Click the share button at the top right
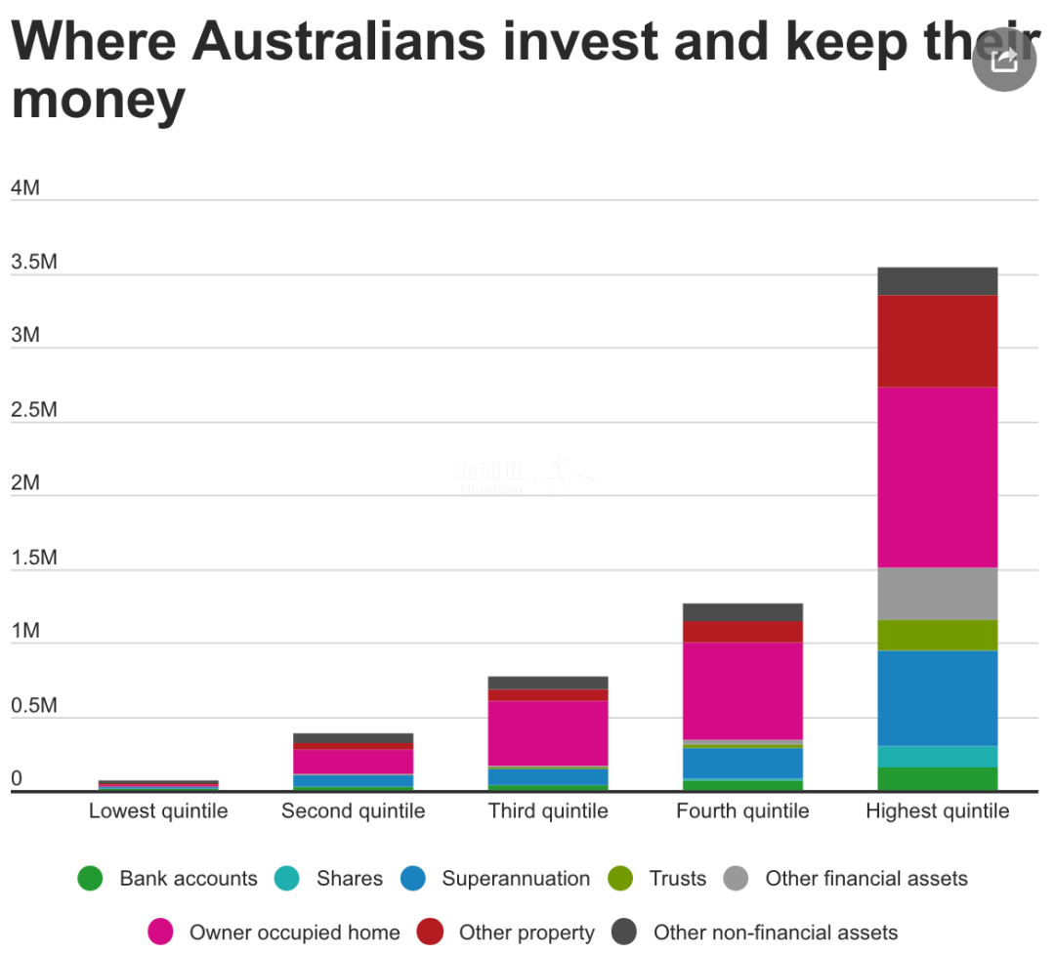(x=1004, y=61)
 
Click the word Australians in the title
(x=338, y=41)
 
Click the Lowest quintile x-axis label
(x=158, y=811)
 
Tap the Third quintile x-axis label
(x=548, y=811)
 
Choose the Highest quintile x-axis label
(x=937, y=811)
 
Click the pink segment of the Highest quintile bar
(x=937, y=477)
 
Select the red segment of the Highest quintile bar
(x=937, y=341)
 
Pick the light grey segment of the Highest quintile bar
(x=937, y=594)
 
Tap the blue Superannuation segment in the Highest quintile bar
(x=937, y=698)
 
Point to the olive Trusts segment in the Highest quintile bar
(x=937, y=635)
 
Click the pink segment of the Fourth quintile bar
(x=742, y=690)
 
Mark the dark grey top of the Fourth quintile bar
(x=742, y=612)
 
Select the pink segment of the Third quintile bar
(x=548, y=732)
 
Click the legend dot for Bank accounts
(x=90, y=879)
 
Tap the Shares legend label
(x=349, y=879)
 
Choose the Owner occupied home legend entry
(x=294, y=933)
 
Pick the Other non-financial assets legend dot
(x=624, y=933)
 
